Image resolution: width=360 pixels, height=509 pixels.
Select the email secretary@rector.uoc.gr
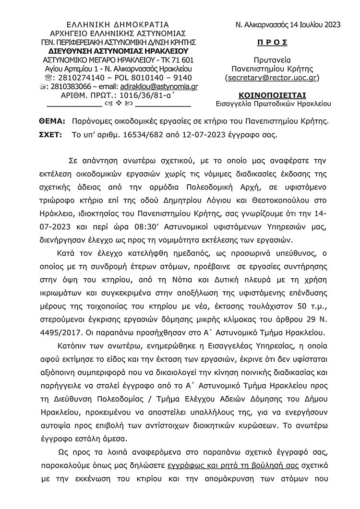tap(272, 77)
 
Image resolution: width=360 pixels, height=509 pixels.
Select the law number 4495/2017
tap(61, 331)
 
